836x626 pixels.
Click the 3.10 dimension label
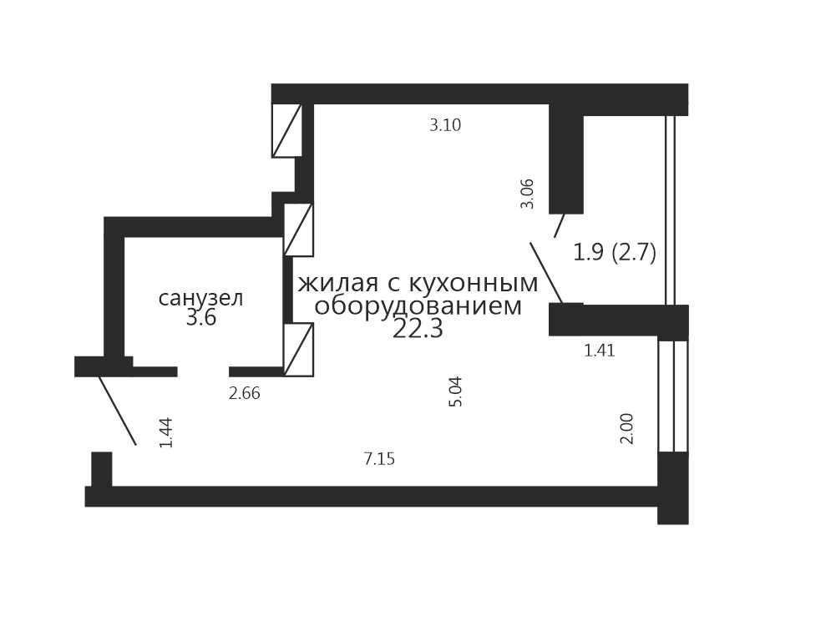click(x=445, y=126)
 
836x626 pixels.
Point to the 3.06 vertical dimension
click(x=527, y=194)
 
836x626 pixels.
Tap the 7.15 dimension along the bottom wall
click(x=380, y=459)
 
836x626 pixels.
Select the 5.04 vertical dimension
click(x=456, y=391)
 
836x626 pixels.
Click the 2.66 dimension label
click(x=244, y=394)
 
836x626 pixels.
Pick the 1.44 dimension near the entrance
click(x=167, y=432)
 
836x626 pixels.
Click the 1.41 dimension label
click(x=600, y=351)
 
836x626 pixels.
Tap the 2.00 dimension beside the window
click(x=627, y=429)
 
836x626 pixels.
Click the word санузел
click(x=201, y=298)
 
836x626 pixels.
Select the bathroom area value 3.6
click(x=201, y=319)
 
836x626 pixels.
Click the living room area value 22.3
click(x=418, y=330)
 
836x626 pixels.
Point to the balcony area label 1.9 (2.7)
click(x=614, y=252)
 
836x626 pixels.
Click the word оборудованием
click(x=418, y=306)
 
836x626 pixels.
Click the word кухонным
click(x=474, y=284)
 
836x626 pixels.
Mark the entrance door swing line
click(x=117, y=410)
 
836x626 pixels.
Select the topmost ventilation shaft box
click(x=286, y=130)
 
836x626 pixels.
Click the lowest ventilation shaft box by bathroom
click(x=298, y=350)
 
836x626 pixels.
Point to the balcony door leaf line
click(x=546, y=273)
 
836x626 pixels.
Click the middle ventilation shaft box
click(x=298, y=230)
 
